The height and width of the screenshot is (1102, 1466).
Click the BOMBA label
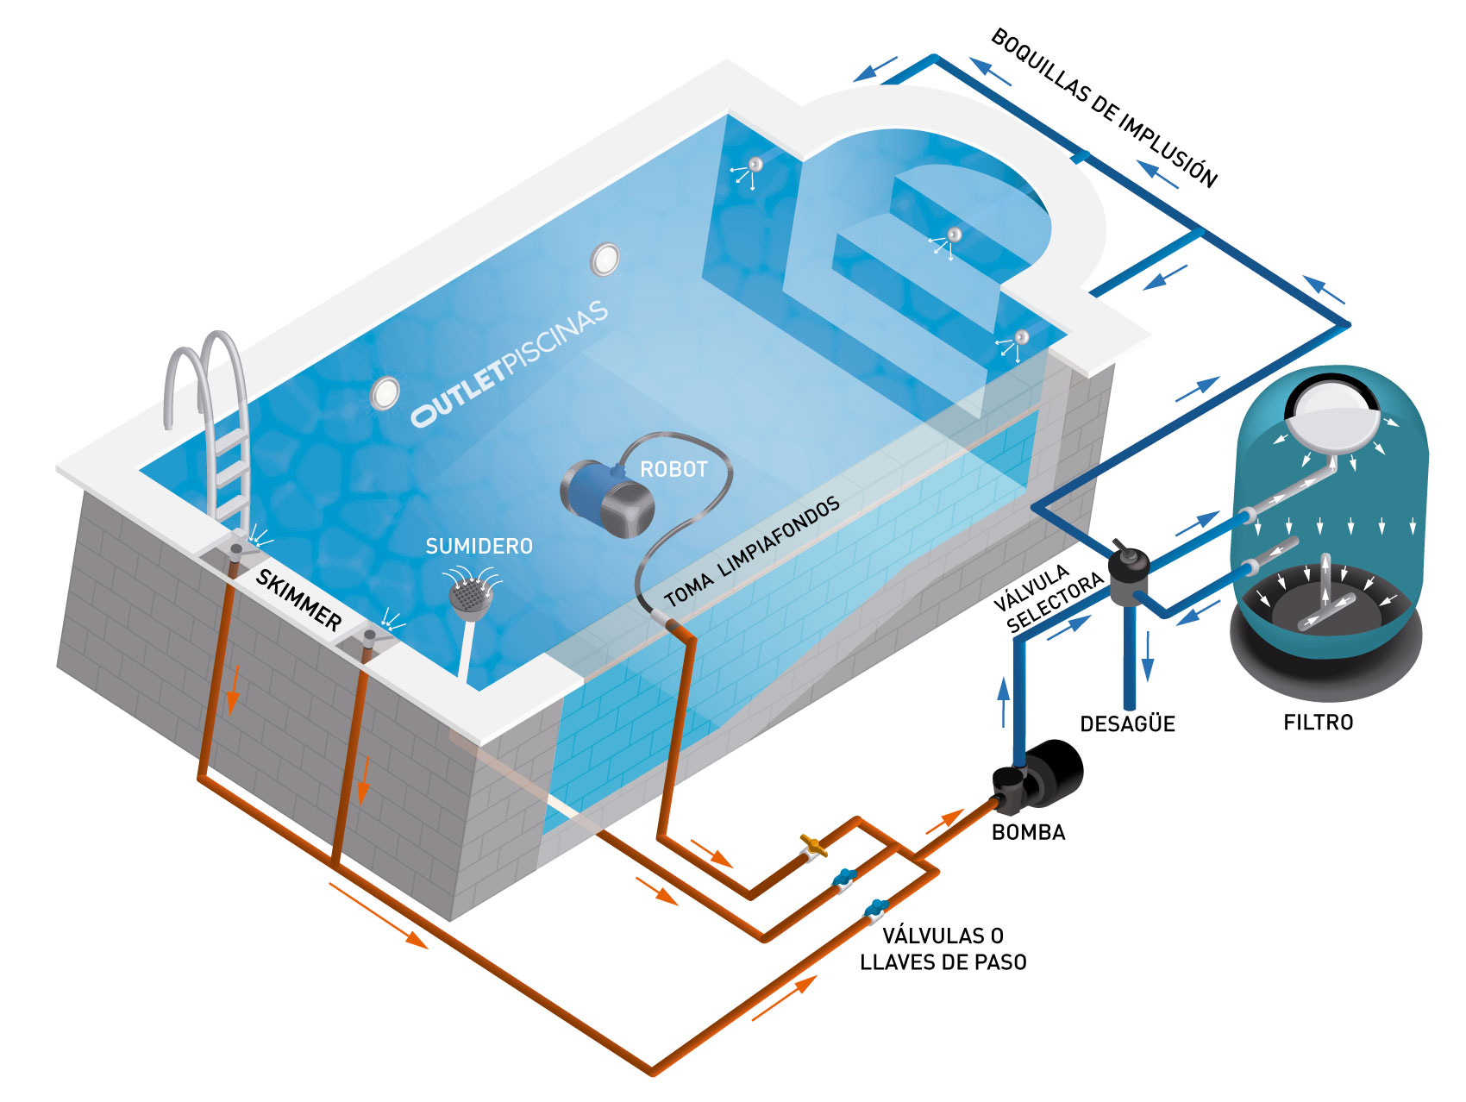pos(1028,832)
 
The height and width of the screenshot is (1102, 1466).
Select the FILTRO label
pos(1318,723)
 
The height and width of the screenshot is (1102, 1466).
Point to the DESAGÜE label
pos(1127,724)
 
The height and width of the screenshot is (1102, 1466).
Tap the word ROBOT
pos(673,470)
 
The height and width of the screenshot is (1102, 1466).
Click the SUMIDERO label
pos(479,547)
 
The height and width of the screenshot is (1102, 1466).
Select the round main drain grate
pos(468,596)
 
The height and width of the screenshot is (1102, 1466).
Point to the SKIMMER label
pos(298,599)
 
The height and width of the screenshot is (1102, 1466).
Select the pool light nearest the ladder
pos(385,393)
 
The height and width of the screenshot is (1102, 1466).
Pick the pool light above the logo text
pos(605,259)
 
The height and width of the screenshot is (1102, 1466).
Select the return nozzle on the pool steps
pos(954,235)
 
